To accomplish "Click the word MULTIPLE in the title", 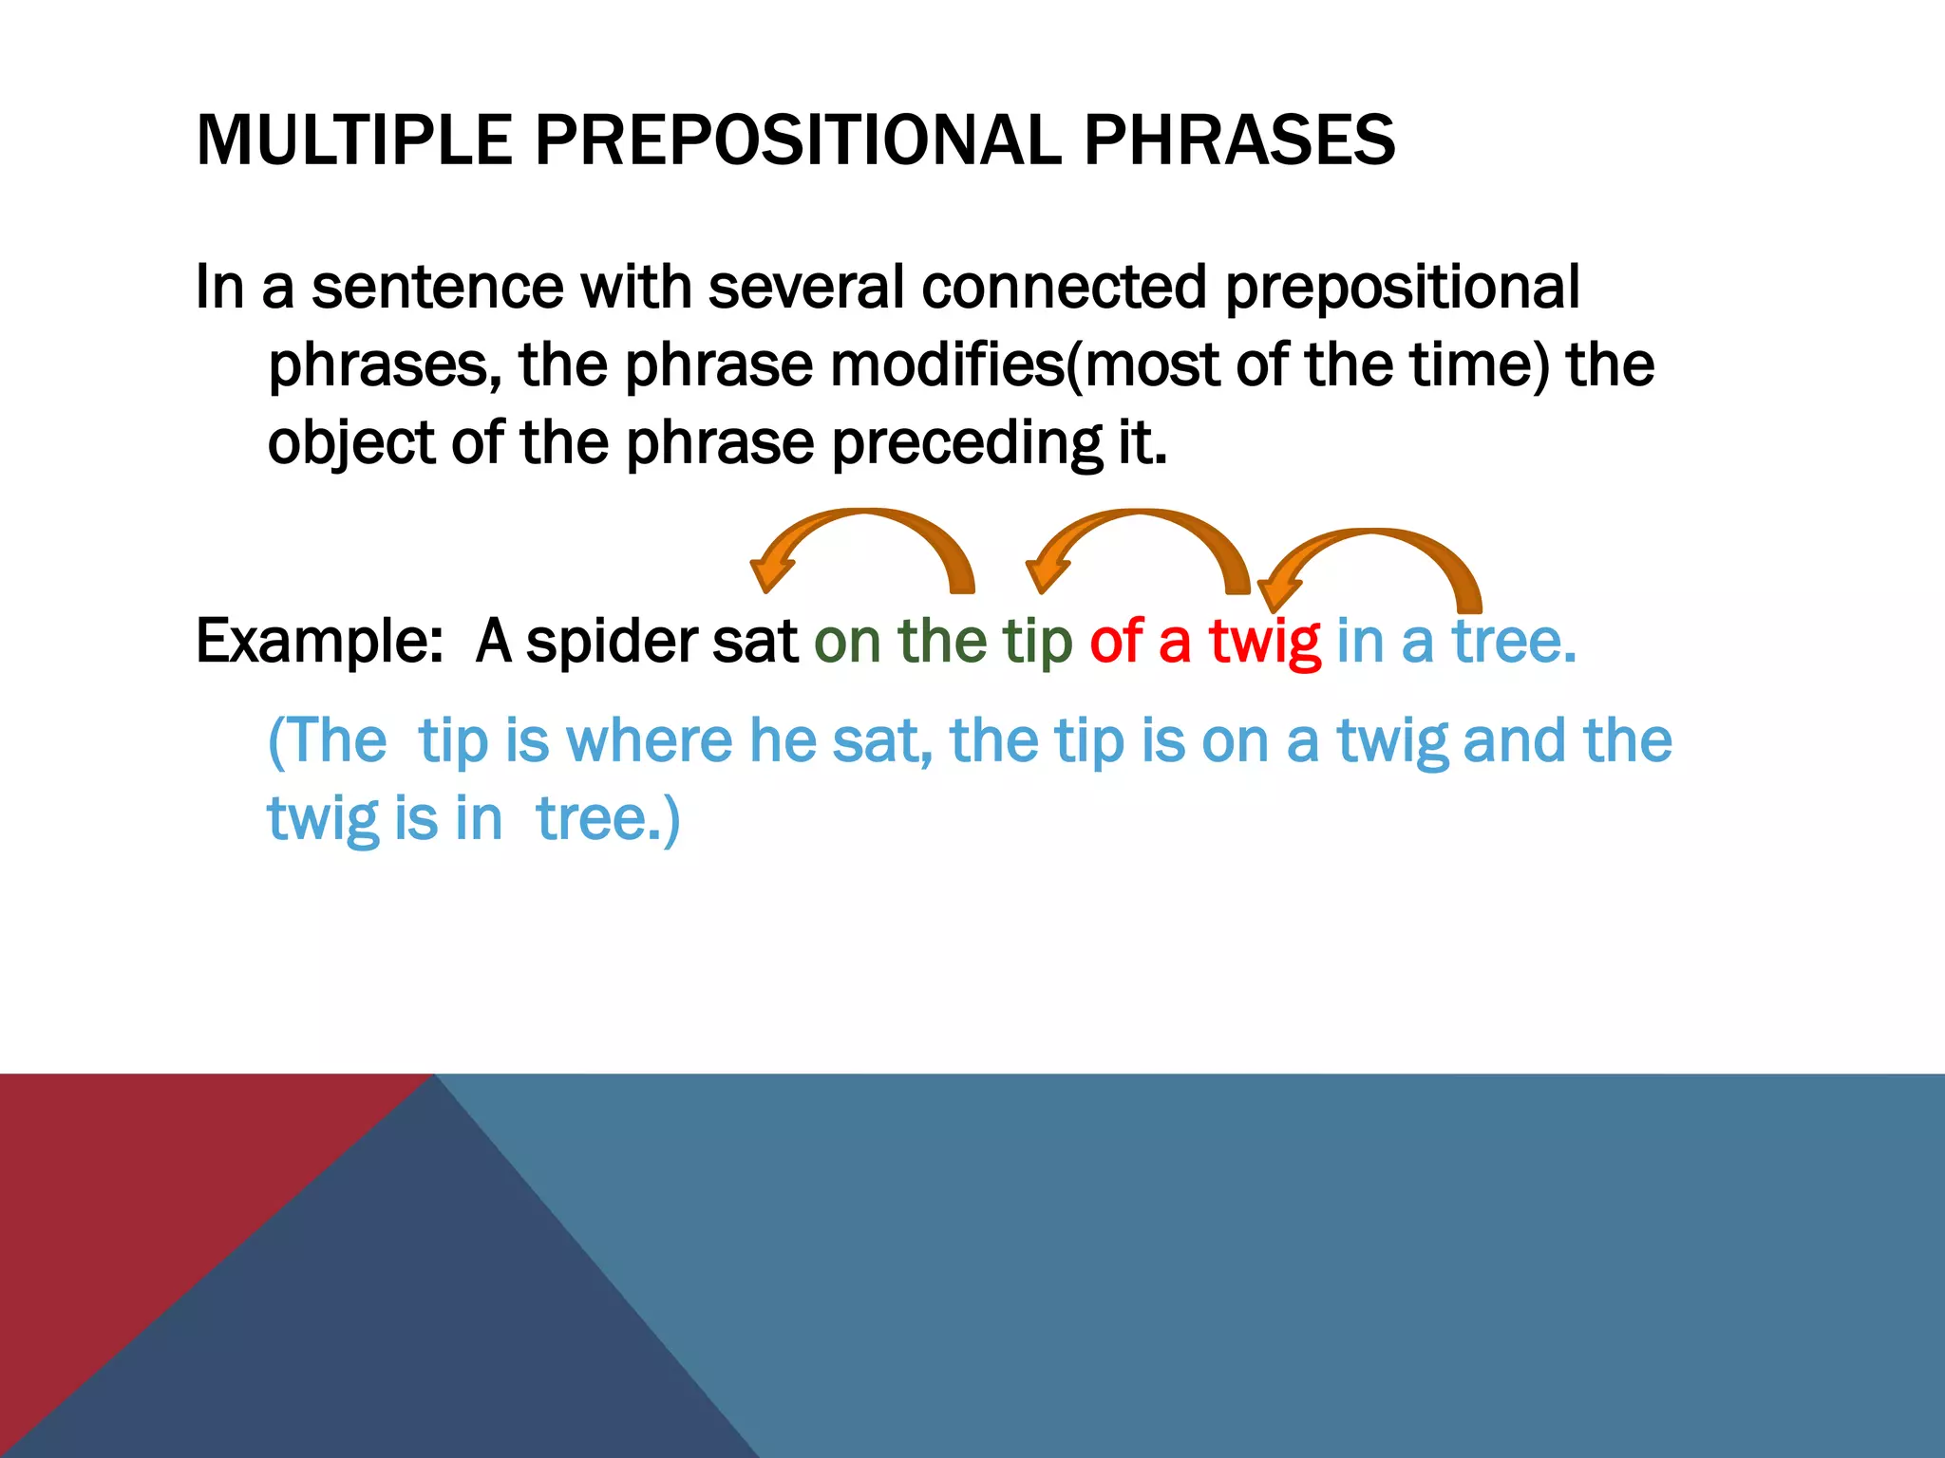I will point(353,140).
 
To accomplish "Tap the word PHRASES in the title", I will point(1238,140).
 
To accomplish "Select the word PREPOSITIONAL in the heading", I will point(798,140).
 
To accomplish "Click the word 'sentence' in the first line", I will point(437,287).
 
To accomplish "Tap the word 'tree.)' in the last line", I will point(608,818).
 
